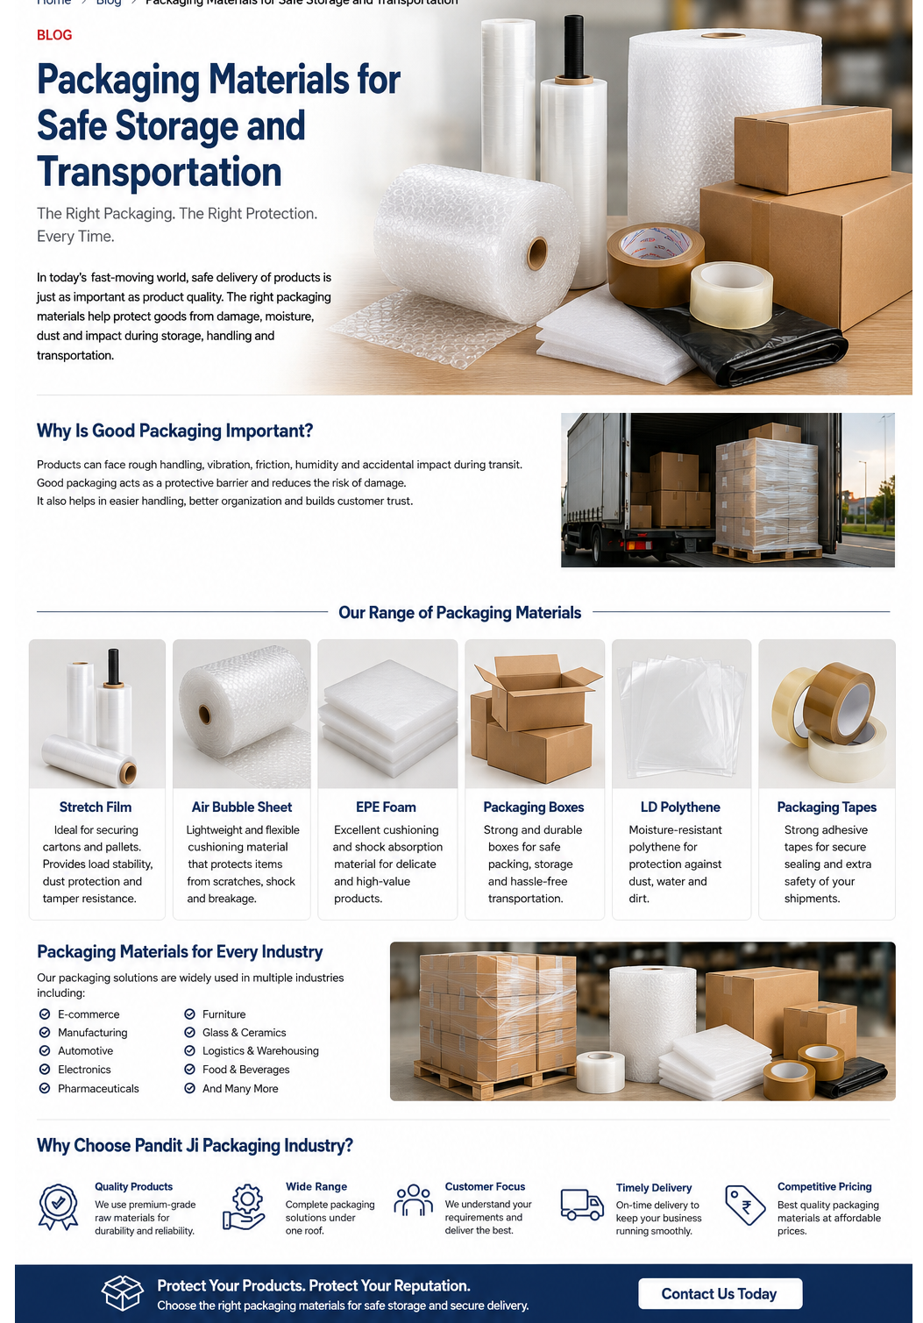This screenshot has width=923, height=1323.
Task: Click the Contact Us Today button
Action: coord(720,1293)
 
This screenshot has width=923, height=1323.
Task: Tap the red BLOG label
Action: coord(54,35)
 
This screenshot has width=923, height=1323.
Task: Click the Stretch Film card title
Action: coord(96,807)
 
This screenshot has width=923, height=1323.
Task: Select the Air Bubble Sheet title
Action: coord(242,807)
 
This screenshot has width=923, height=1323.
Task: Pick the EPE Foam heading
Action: coord(387,807)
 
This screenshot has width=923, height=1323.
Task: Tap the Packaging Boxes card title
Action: coord(534,807)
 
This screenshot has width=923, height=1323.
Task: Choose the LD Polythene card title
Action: coord(680,807)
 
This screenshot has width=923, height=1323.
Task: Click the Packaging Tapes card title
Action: coord(827,807)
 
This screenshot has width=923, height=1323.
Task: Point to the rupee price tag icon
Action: coord(745,1205)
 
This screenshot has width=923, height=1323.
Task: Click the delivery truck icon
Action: coord(582,1205)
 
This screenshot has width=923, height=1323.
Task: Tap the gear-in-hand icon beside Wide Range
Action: coord(244,1206)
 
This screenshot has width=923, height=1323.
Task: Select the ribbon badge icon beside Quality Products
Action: coord(58,1206)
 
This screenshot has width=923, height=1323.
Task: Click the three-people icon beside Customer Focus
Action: coord(414,1200)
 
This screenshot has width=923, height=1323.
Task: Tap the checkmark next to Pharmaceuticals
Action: coord(45,1088)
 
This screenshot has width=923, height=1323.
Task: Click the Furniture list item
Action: coord(224,1014)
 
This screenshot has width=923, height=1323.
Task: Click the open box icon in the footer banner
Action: coord(122,1293)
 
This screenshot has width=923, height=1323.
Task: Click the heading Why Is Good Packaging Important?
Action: coord(174,430)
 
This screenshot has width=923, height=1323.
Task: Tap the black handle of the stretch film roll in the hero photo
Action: coord(573,46)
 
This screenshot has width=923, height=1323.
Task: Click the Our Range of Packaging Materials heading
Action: coord(459,613)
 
